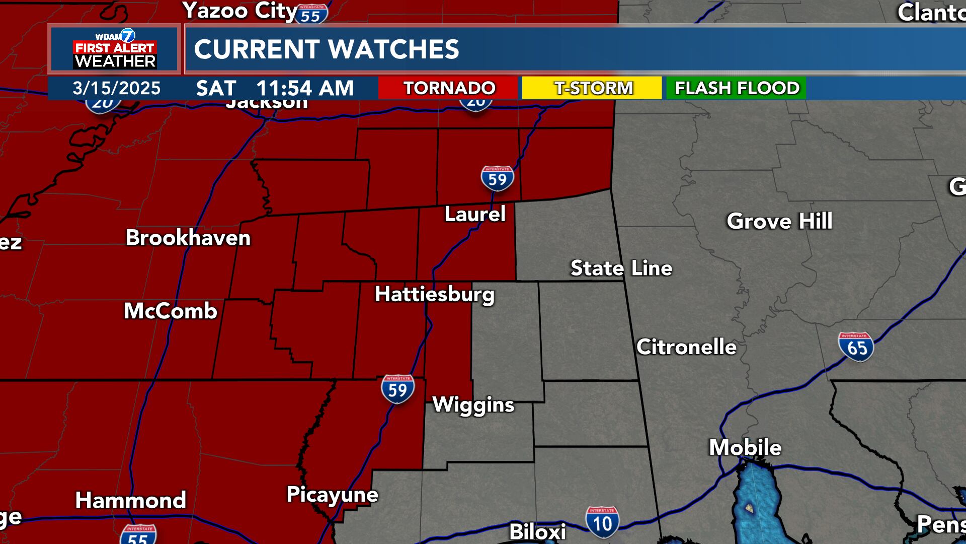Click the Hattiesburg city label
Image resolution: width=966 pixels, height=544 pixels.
[435, 294]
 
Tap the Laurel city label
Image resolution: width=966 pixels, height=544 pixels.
[475, 214]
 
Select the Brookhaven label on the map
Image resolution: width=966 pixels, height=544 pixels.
[188, 238]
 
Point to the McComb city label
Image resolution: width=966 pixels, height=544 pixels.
[171, 311]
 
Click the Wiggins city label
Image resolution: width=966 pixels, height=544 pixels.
[473, 405]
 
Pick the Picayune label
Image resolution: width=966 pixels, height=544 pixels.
[332, 495]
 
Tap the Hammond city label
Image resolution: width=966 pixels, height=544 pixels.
[131, 500]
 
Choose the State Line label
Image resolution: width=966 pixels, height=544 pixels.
[621, 268]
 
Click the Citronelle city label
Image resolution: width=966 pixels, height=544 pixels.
[686, 347]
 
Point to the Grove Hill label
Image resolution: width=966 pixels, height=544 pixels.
[779, 221]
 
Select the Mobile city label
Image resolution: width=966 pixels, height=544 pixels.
[745, 447]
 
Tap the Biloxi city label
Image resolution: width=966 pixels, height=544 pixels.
[537, 532]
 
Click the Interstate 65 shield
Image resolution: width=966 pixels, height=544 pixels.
[856, 347]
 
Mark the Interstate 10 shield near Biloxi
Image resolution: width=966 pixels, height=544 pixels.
[602, 522]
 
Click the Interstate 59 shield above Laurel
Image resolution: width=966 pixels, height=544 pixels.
[497, 178]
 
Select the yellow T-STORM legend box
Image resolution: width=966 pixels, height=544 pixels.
[592, 88]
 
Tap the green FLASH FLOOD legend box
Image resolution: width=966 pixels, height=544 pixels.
[737, 88]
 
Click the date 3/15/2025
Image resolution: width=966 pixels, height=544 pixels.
[117, 88]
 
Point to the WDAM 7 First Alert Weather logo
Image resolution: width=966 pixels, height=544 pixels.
[115, 49]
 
